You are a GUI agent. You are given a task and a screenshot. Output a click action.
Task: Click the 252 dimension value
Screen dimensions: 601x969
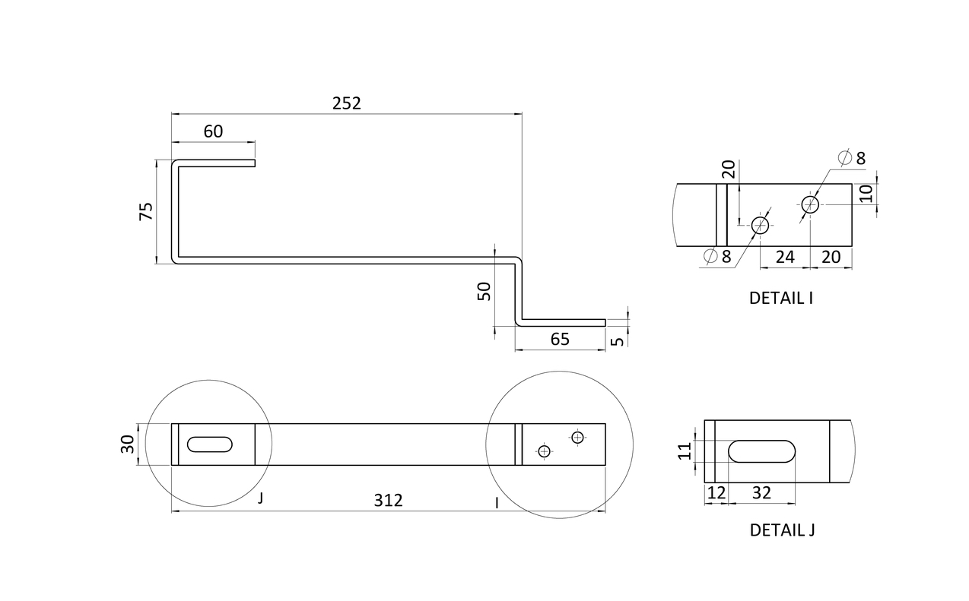[x=346, y=103]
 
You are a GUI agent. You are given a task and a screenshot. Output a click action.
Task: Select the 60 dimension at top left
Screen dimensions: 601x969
[x=213, y=131]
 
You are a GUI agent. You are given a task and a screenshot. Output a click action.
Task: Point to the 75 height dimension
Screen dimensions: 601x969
[x=146, y=211]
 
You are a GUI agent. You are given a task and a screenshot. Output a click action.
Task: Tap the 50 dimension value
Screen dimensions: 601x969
[x=484, y=291]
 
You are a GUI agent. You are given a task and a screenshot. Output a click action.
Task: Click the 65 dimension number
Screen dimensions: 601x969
[x=560, y=339]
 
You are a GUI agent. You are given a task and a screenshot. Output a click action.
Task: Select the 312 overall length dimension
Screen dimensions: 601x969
[x=388, y=501]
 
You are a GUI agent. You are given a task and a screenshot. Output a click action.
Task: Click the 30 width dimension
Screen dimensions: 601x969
[x=128, y=444]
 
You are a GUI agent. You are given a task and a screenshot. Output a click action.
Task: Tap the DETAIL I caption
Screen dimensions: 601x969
[x=781, y=298]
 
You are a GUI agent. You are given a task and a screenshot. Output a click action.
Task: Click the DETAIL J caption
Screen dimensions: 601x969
[x=782, y=530]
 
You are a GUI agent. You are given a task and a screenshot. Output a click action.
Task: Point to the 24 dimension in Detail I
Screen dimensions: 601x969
[x=784, y=257]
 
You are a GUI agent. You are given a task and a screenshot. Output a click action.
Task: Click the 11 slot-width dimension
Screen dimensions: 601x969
[x=685, y=451]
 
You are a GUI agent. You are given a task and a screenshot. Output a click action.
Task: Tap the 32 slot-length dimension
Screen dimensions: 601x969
[x=761, y=492]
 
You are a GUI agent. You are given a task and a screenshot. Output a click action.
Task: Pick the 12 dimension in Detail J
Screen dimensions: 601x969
[x=716, y=492]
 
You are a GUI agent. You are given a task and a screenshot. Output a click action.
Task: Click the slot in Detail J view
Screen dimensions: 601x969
[x=762, y=451]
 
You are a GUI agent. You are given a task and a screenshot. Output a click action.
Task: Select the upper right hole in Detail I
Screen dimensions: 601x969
[x=810, y=204]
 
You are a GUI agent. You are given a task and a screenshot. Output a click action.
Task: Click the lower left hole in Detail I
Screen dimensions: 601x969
[x=760, y=225]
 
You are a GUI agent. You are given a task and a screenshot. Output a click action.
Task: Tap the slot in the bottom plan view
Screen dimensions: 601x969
[x=210, y=444]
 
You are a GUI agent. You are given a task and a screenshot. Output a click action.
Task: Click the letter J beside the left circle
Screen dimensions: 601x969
[x=260, y=499]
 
